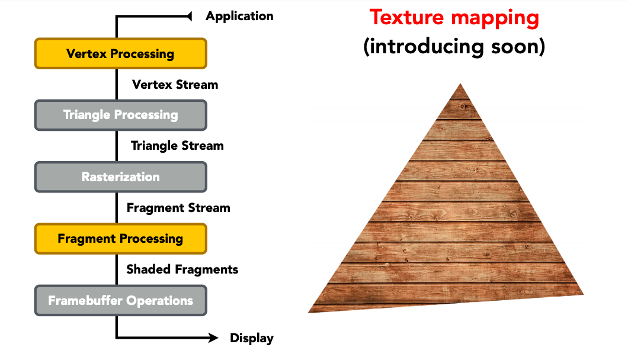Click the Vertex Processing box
[x=120, y=54]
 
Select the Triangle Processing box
[x=120, y=115]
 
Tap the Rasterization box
[x=120, y=177]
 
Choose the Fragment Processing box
[x=120, y=239]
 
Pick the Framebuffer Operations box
[x=120, y=300]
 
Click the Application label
[x=239, y=17]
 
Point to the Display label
[x=252, y=338]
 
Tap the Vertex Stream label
[x=175, y=85]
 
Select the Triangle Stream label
[x=177, y=146]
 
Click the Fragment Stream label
[x=178, y=208]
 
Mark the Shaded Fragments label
[x=182, y=269]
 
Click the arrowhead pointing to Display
[x=213, y=338]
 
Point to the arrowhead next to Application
[x=190, y=17]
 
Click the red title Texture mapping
[x=454, y=18]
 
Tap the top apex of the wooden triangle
[x=460, y=83]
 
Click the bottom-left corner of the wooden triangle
[x=309, y=313]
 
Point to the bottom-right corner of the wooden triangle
[x=583, y=294]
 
